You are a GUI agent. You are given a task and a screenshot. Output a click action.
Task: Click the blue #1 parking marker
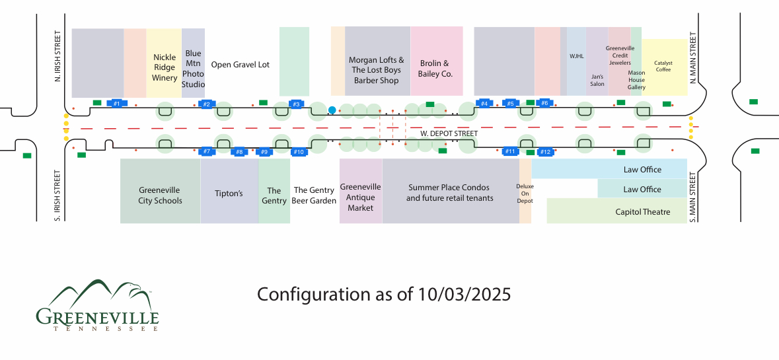[x=116, y=104]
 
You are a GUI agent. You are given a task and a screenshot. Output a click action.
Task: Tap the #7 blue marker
[x=207, y=152]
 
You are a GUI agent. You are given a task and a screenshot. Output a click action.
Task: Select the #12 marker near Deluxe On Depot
[x=545, y=152]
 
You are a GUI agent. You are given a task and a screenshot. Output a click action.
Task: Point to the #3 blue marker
[x=296, y=104]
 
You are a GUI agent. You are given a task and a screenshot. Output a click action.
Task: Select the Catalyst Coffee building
[x=664, y=67]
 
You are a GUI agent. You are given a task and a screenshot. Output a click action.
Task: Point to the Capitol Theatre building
[x=616, y=211]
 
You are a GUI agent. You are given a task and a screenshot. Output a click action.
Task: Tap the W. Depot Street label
[x=449, y=134]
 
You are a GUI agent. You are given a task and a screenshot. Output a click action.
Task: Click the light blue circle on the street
[x=332, y=110]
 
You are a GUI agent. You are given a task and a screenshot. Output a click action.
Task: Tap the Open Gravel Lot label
[x=241, y=65]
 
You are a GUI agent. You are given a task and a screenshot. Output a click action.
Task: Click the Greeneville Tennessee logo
[x=97, y=306]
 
